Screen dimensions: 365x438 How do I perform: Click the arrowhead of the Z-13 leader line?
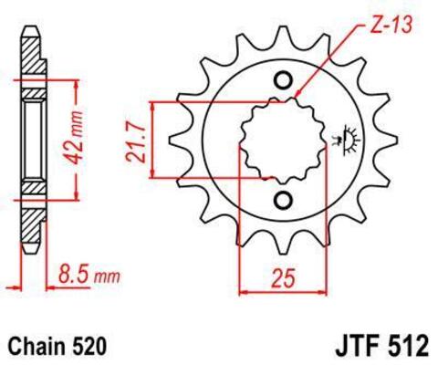click(298, 94)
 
